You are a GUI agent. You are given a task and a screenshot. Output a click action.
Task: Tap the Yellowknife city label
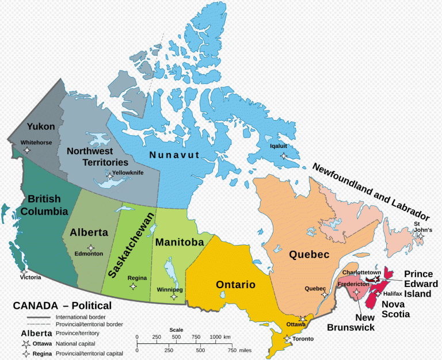[x=128, y=172]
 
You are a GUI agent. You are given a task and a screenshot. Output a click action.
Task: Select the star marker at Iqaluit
[x=283, y=156]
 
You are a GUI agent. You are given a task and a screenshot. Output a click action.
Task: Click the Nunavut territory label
[x=174, y=155]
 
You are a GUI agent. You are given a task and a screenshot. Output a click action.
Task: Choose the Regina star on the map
[x=134, y=286]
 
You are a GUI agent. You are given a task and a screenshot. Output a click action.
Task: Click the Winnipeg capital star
[x=174, y=297]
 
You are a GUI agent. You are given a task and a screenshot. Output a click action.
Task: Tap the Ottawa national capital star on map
[x=303, y=318]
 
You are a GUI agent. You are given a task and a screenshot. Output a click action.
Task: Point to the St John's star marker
[x=421, y=236]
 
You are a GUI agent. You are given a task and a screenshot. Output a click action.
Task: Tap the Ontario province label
[x=235, y=284]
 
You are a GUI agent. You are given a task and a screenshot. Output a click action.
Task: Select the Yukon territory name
[x=41, y=127]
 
